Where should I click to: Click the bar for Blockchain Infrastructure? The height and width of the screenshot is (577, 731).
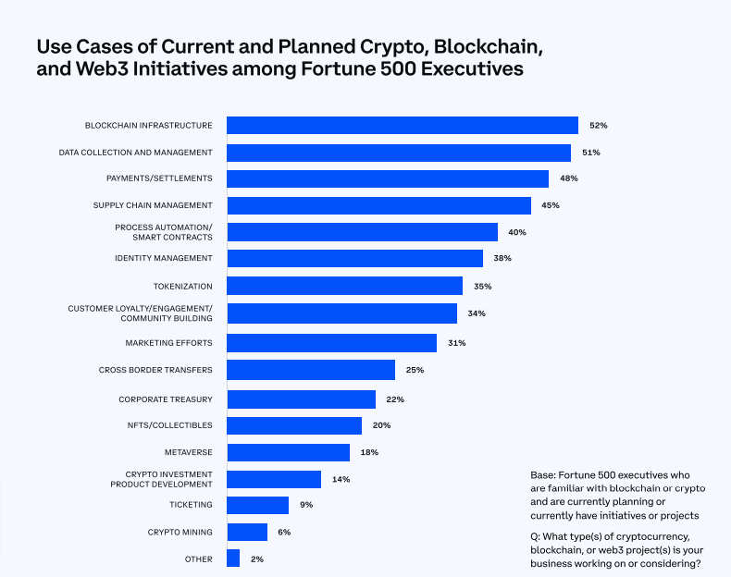pyautogui.click(x=403, y=126)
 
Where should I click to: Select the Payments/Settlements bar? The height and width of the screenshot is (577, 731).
pyautogui.click(x=388, y=178)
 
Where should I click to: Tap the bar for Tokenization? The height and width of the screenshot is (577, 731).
pyautogui.click(x=344, y=286)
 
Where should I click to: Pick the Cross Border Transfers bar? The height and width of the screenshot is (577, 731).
pyautogui.click(x=311, y=370)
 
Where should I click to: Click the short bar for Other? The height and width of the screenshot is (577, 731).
pyautogui.click(x=233, y=559)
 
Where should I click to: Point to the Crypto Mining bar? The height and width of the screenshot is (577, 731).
pyautogui.click(x=247, y=532)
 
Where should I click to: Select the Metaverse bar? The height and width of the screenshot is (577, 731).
pyautogui.click(x=288, y=452)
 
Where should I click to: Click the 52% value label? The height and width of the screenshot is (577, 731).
pyautogui.click(x=598, y=126)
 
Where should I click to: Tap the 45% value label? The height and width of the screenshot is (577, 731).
pyautogui.click(x=551, y=205)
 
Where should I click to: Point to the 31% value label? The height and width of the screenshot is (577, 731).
pyautogui.click(x=456, y=343)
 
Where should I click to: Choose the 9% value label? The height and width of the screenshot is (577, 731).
pyautogui.click(x=306, y=505)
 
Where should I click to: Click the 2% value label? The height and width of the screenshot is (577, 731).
pyautogui.click(x=258, y=559)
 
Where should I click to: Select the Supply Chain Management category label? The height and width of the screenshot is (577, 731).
pyautogui.click(x=153, y=205)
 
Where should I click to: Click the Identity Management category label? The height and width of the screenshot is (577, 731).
pyautogui.click(x=164, y=258)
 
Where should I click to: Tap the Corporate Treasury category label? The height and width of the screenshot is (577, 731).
pyautogui.click(x=166, y=399)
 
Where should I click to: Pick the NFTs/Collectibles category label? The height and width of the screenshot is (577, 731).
pyautogui.click(x=170, y=425)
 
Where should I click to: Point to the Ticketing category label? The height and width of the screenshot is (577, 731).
pyautogui.click(x=191, y=505)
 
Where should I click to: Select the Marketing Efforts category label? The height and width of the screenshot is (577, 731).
pyautogui.click(x=169, y=343)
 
